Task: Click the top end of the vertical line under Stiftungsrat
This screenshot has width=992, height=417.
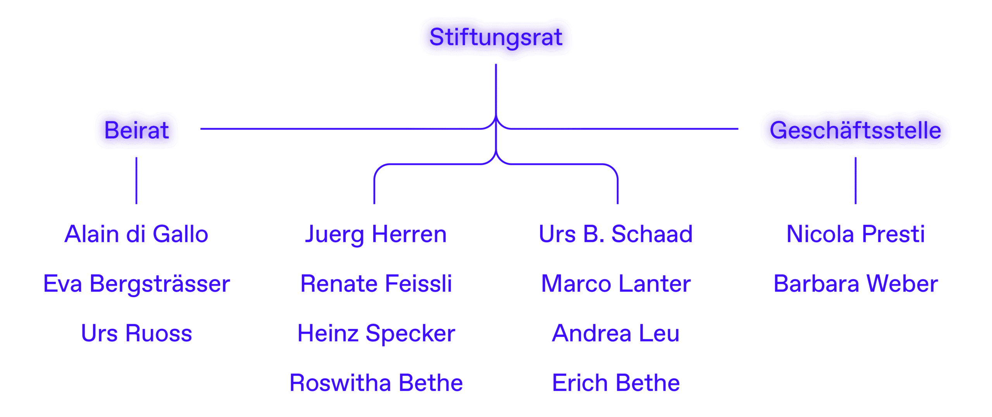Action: point(496,64)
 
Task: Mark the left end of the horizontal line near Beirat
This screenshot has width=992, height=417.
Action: point(201,129)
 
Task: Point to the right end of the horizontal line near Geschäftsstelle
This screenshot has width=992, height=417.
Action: point(738,129)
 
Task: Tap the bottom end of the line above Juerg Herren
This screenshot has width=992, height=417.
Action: point(374,203)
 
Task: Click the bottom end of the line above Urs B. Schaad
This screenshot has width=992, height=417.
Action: point(618,203)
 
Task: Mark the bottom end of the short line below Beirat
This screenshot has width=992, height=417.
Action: point(136,203)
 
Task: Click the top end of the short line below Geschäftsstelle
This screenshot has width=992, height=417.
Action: point(856,158)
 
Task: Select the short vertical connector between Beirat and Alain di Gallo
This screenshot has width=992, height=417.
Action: point(136,181)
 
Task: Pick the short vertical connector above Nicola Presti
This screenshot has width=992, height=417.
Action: point(856,181)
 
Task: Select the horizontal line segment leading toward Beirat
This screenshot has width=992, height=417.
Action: point(341,129)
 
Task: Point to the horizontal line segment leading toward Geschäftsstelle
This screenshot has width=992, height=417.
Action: point(624,129)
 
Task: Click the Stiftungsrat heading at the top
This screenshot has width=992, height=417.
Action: point(496,38)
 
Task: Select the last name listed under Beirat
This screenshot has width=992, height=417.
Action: point(136,333)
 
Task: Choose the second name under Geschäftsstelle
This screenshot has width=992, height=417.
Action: point(856,284)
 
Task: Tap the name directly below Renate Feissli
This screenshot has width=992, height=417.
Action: point(376,333)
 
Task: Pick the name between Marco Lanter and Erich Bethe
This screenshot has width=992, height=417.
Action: point(616,333)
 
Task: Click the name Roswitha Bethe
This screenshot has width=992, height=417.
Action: point(376,383)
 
